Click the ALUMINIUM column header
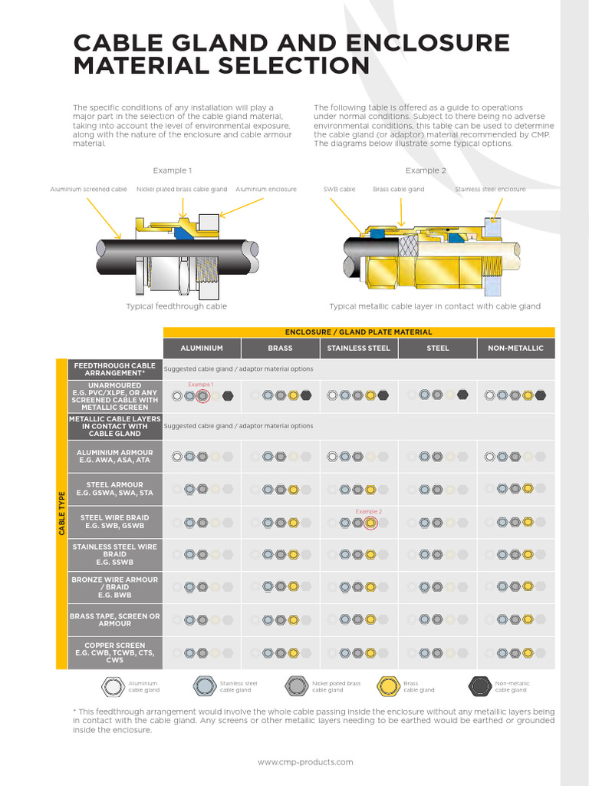(202, 348)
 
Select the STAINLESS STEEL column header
(358, 348)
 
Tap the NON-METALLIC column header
(515, 348)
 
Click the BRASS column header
(280, 348)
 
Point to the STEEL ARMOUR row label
(114, 488)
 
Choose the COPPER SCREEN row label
(114, 652)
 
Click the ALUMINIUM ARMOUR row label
(114, 457)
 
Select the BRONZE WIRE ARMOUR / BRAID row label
(114, 587)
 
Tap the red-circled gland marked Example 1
(202, 396)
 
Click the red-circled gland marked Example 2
(370, 523)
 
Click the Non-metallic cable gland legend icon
(480, 685)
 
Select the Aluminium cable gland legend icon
(113, 685)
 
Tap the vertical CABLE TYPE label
(61, 514)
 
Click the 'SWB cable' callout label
(339, 189)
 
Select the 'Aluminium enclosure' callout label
(266, 189)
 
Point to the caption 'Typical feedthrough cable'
(176, 306)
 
